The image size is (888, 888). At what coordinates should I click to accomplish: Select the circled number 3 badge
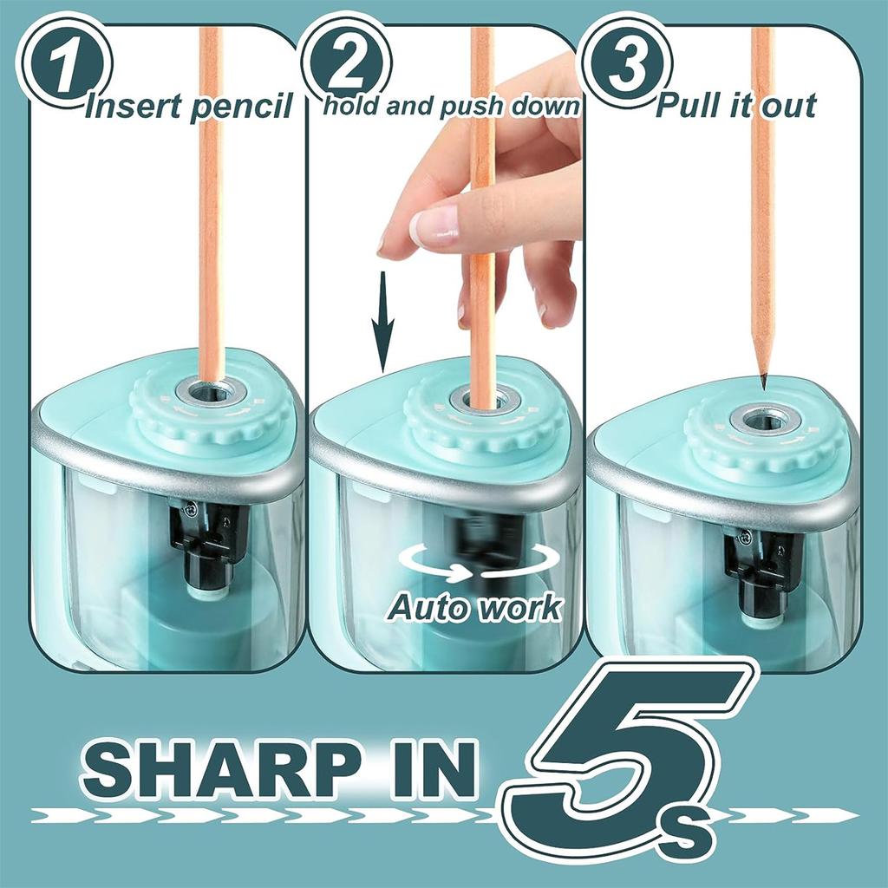click(x=628, y=63)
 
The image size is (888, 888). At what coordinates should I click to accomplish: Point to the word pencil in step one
click(x=241, y=108)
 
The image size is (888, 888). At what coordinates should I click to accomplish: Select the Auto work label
click(x=474, y=607)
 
